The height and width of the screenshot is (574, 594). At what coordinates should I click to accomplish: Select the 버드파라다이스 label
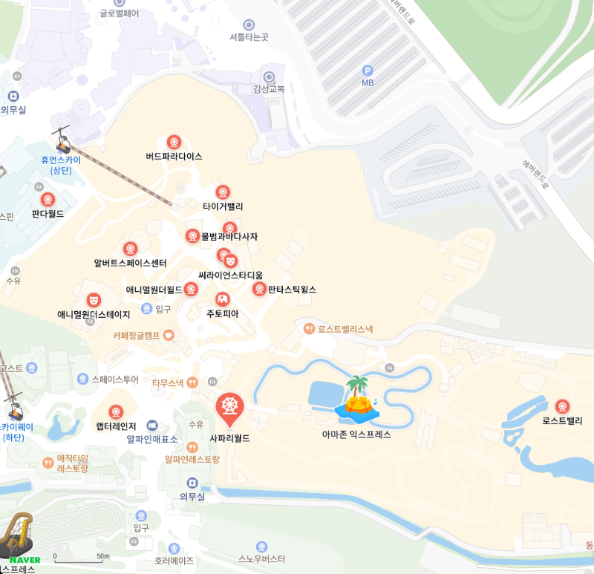pyautogui.click(x=174, y=157)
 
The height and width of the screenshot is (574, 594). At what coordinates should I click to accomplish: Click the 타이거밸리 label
pyautogui.click(x=223, y=206)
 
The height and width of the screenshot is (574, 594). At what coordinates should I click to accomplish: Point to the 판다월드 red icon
pyautogui.click(x=48, y=199)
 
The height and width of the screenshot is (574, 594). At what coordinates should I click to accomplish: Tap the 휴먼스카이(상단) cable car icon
pyautogui.click(x=61, y=138)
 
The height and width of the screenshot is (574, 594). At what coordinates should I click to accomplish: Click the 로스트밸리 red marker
pyautogui.click(x=562, y=406)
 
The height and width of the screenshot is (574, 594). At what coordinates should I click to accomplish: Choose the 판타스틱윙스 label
pyautogui.click(x=292, y=290)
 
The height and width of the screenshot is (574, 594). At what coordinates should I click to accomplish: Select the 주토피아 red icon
pyautogui.click(x=222, y=299)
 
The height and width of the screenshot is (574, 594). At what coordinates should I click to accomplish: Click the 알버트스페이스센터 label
pyautogui.click(x=130, y=263)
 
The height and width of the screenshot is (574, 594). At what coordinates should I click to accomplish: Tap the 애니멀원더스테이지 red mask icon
pyautogui.click(x=94, y=300)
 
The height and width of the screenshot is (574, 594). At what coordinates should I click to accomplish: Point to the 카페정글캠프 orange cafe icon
pyautogui.click(x=169, y=335)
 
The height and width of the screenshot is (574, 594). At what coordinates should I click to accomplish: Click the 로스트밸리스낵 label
pyautogui.click(x=345, y=328)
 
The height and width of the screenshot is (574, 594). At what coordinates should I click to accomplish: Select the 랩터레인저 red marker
pyautogui.click(x=116, y=412)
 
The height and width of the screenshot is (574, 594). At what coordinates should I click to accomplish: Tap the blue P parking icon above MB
pyautogui.click(x=367, y=71)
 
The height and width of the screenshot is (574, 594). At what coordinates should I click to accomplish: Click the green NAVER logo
pyautogui.click(x=25, y=559)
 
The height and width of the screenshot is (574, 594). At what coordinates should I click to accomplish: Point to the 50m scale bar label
pyautogui.click(x=102, y=556)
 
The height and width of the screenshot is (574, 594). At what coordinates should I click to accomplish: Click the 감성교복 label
pyautogui.click(x=269, y=89)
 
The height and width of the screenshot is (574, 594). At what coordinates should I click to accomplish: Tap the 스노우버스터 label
pyautogui.click(x=261, y=559)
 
